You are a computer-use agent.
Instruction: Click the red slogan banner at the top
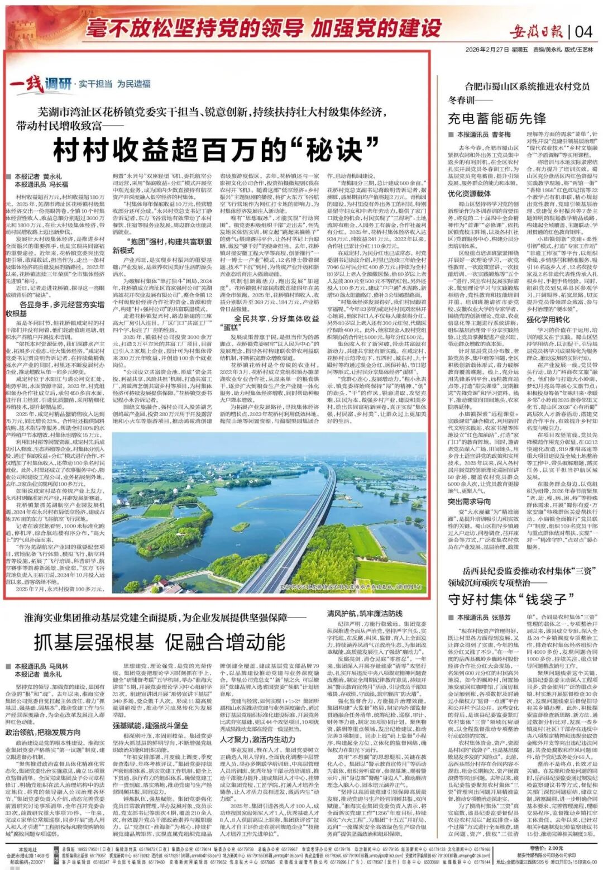262,28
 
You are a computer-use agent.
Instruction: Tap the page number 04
583,30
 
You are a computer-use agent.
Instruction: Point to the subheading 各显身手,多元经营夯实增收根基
55,309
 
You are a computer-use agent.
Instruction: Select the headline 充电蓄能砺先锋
497,118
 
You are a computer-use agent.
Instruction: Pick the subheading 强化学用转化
548,320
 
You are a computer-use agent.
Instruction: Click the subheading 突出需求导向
469,501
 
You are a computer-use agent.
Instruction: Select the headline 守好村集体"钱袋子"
508,599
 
